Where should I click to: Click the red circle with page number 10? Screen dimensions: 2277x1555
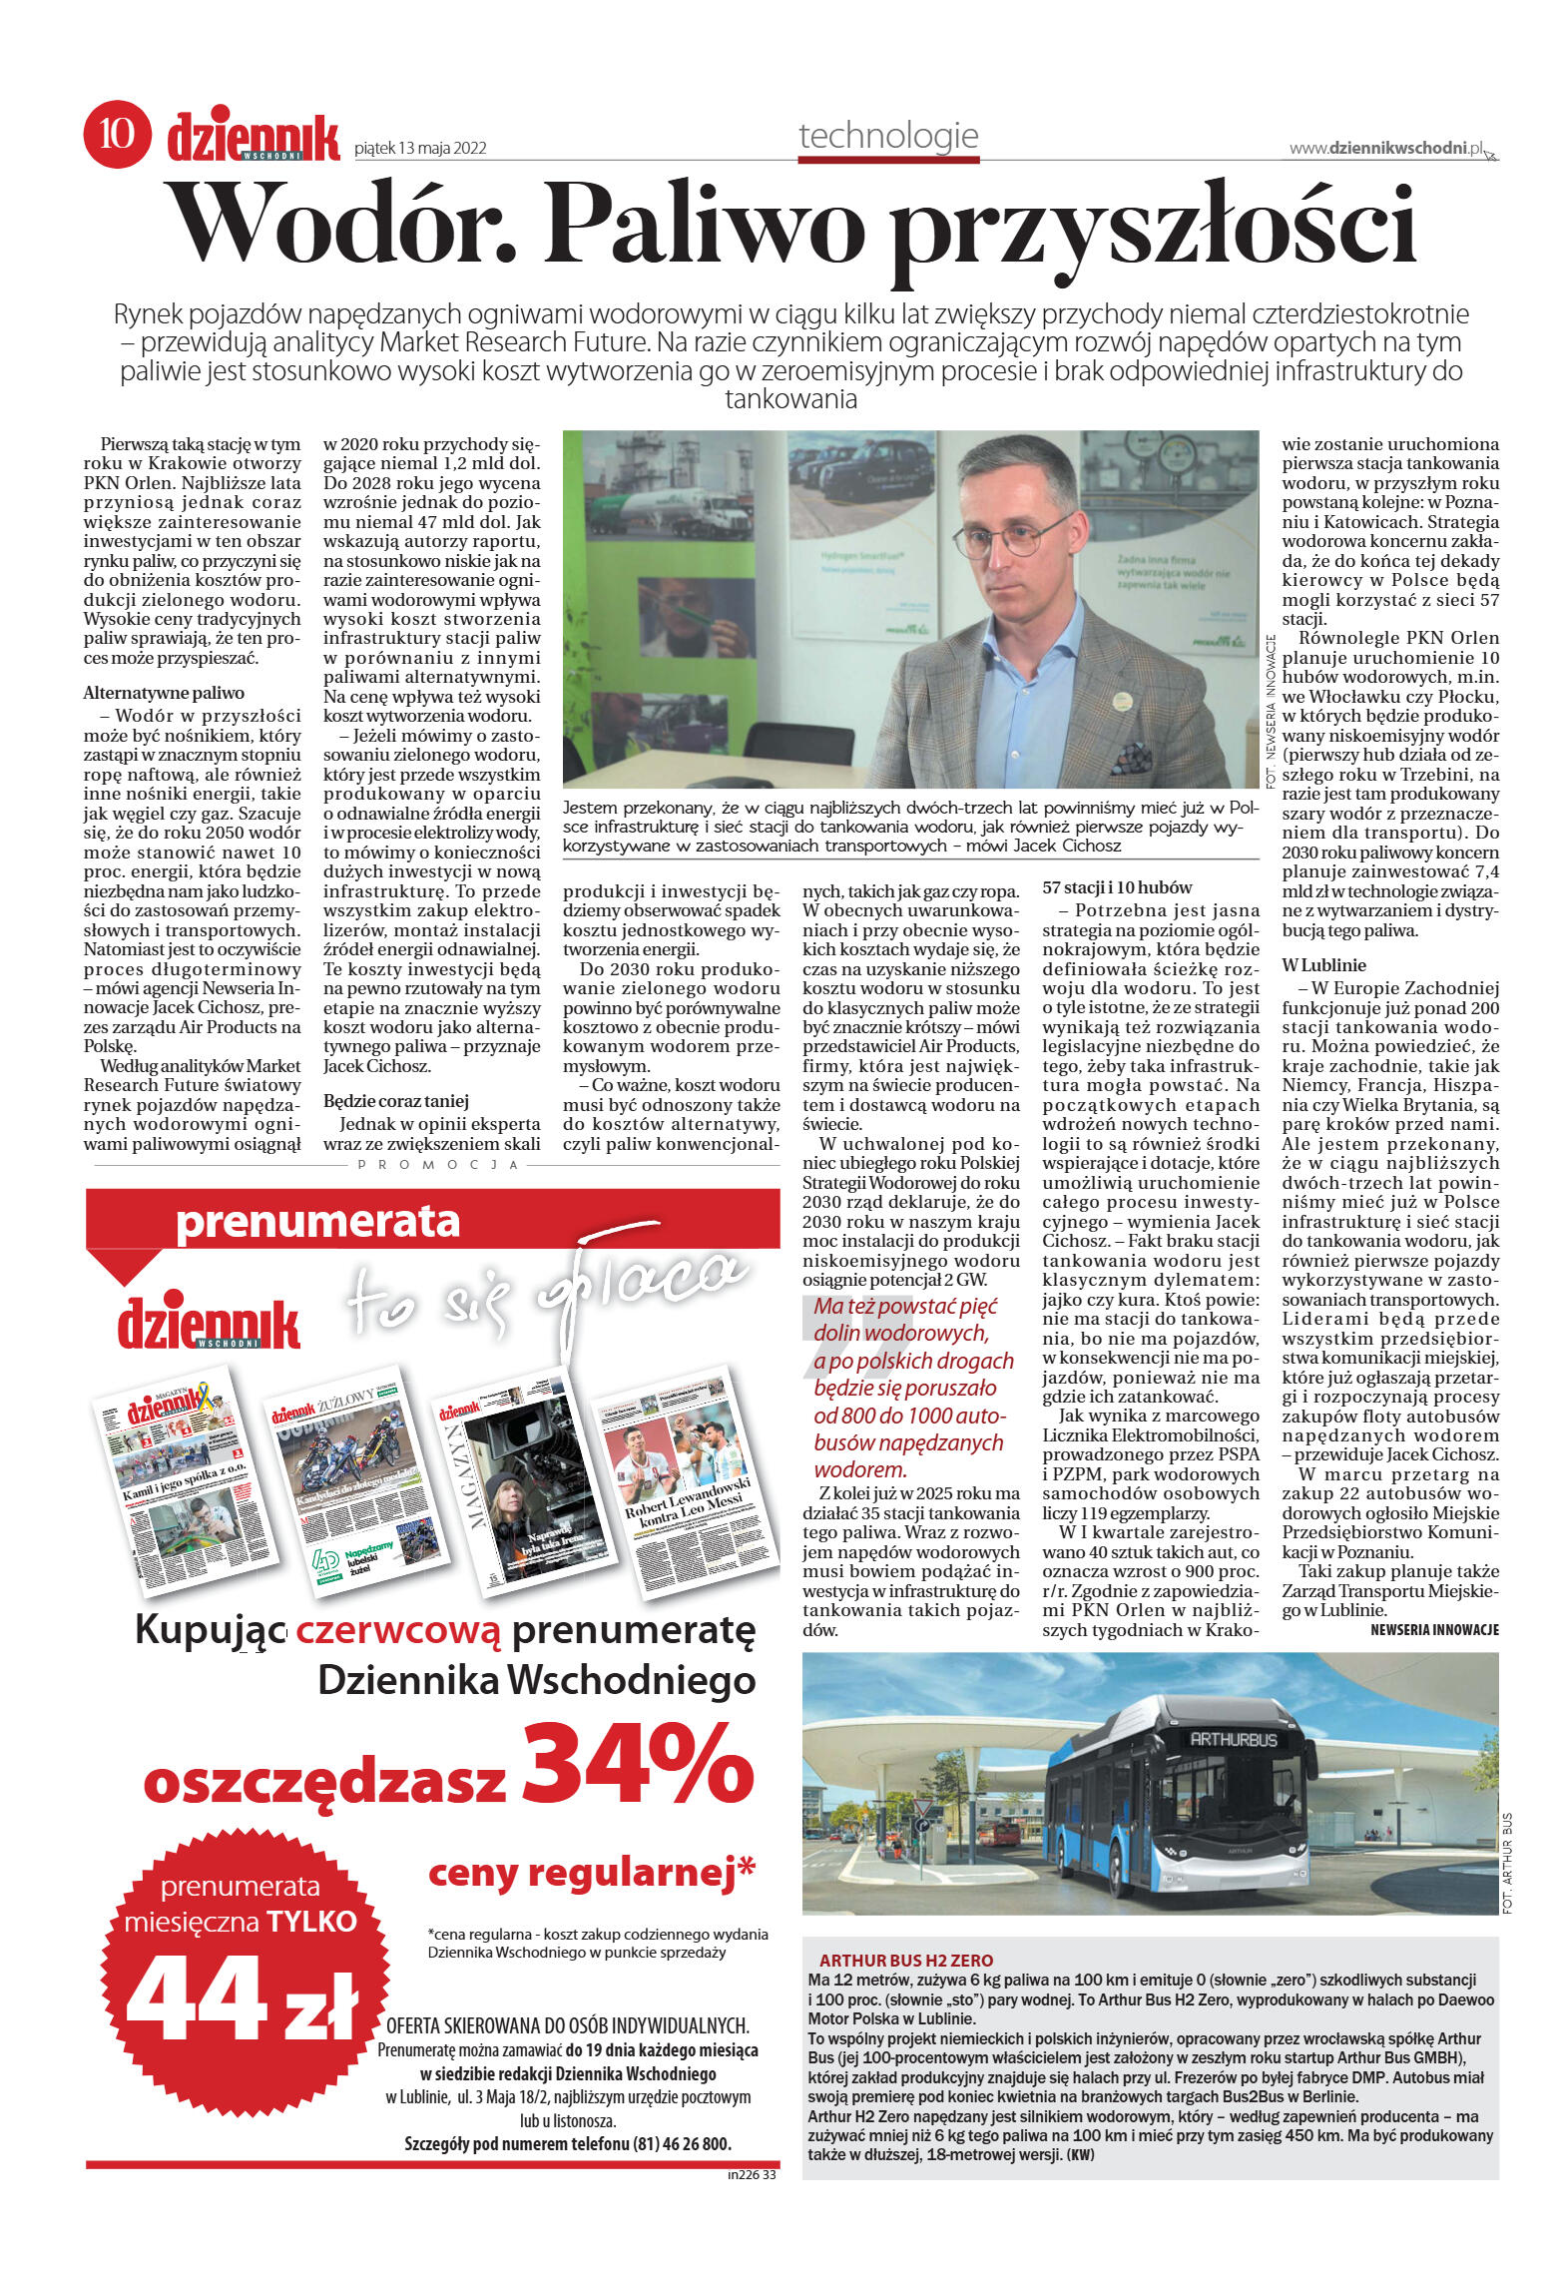(117, 134)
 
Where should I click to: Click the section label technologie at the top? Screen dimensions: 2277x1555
(888, 136)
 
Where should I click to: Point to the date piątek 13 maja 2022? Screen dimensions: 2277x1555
(420, 148)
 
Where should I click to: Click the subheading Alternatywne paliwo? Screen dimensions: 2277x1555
(164, 693)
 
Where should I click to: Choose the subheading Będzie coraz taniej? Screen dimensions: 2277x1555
(396, 1101)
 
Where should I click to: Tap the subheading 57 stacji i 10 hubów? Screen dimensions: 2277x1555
(1117, 886)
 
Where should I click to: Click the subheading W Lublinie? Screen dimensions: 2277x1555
(1323, 965)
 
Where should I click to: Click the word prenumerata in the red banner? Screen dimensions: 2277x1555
(317, 1222)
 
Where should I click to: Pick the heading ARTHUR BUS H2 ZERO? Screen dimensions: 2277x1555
(905, 1961)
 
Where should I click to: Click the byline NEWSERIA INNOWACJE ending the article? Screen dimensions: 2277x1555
(1434, 1630)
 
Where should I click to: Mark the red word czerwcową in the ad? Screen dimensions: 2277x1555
(398, 1631)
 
